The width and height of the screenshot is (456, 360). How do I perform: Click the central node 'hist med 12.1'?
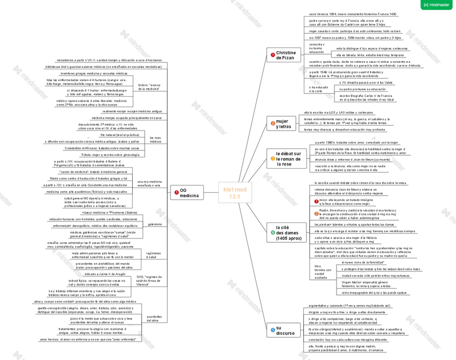pos(235,193)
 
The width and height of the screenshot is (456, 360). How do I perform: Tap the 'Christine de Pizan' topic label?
pos(285,55)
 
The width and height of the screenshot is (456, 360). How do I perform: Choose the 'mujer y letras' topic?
pos(283,124)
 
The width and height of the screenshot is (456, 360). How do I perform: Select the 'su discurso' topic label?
pos(285,330)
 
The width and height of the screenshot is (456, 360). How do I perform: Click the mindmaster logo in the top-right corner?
pos(436,5)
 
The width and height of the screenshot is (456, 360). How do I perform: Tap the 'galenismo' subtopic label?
pos(154,224)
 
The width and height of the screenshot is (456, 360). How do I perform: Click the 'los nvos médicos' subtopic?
pos(155,140)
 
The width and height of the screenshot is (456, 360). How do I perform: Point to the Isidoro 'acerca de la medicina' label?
pos(149,87)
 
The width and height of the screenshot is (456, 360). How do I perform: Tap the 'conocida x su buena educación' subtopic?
pos(317,48)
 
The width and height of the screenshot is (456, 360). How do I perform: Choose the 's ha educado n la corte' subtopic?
pos(318,89)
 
